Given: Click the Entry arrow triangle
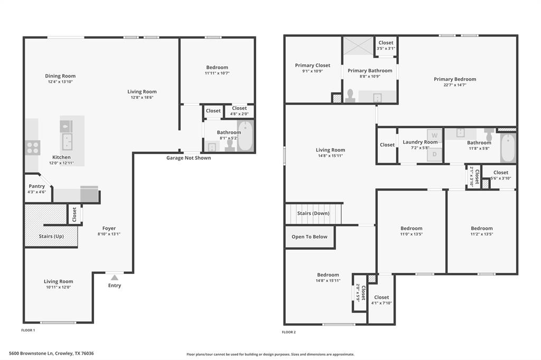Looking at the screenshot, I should [115, 277].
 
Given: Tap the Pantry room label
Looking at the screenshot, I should [37, 186].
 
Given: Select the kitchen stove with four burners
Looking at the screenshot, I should [32, 147].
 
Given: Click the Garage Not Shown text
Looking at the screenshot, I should [189, 158].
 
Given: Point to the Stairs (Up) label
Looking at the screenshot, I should [51, 236].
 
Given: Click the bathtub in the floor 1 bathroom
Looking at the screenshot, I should [246, 136].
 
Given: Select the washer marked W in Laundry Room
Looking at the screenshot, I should [434, 135].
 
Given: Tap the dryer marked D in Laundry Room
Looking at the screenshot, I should [434, 154].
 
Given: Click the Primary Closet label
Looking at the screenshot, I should [312, 65].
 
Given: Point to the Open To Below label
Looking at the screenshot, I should [310, 237].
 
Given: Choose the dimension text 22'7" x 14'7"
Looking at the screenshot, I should [455, 85].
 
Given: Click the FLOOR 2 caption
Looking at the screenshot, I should [289, 332].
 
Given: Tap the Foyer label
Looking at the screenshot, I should [109, 229].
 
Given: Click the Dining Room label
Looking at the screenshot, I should [60, 76].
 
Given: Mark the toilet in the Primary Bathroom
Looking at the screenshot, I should [350, 96].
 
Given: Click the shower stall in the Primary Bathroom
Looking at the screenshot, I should [358, 45].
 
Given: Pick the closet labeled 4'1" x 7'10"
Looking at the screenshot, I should [381, 300].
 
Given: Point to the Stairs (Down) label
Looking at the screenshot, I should [313, 213].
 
